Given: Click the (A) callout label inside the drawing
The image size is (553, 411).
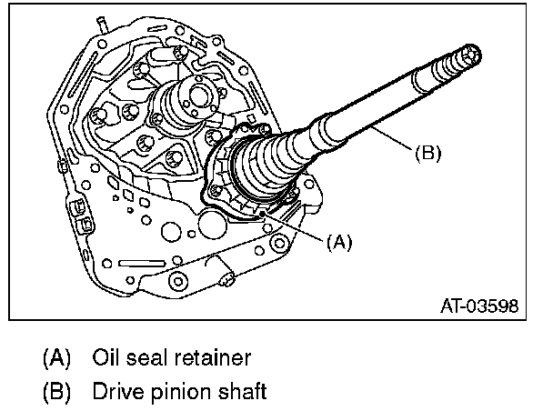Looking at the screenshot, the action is point(339,242).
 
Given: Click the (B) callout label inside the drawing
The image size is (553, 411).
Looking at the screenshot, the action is point(427,153).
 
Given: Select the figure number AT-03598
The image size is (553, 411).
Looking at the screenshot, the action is point(479,306).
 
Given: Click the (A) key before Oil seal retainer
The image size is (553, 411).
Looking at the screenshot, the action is point(56,357).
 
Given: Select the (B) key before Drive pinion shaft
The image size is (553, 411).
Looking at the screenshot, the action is point(56,392).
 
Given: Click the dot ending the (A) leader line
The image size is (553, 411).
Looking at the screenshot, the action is point(262,214).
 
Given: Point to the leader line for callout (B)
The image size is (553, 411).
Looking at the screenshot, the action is point(391,138).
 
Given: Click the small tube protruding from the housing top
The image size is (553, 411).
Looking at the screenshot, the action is point(102,25).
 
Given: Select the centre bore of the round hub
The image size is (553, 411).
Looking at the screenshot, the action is point(198,95).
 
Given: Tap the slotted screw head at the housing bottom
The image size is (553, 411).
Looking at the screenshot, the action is point(226,280).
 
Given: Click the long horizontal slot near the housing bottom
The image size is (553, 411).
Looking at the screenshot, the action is point(142,264).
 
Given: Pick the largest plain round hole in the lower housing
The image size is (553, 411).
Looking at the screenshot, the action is point(213,225).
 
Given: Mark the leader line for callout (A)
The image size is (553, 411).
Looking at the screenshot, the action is point(294,227).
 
